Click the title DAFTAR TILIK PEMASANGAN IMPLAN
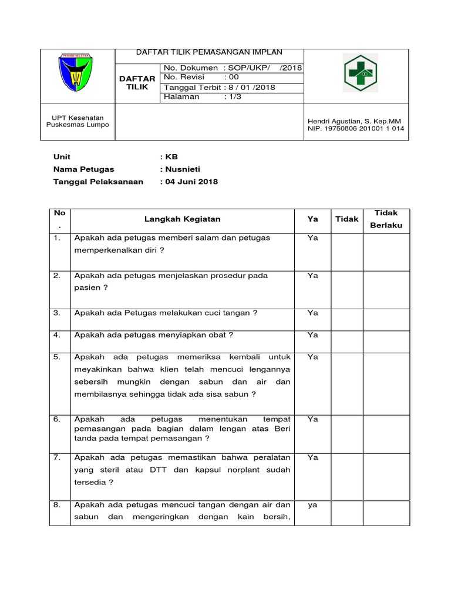pos(210,52)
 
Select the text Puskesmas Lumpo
pos(78,125)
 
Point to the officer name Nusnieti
pos(179,169)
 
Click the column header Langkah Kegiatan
pos(183,219)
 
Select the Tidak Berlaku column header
pos(386,219)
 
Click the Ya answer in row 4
pos(312,335)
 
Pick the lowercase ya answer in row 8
pos(312,505)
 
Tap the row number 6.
pos(57,419)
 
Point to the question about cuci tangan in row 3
pos(166,313)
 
